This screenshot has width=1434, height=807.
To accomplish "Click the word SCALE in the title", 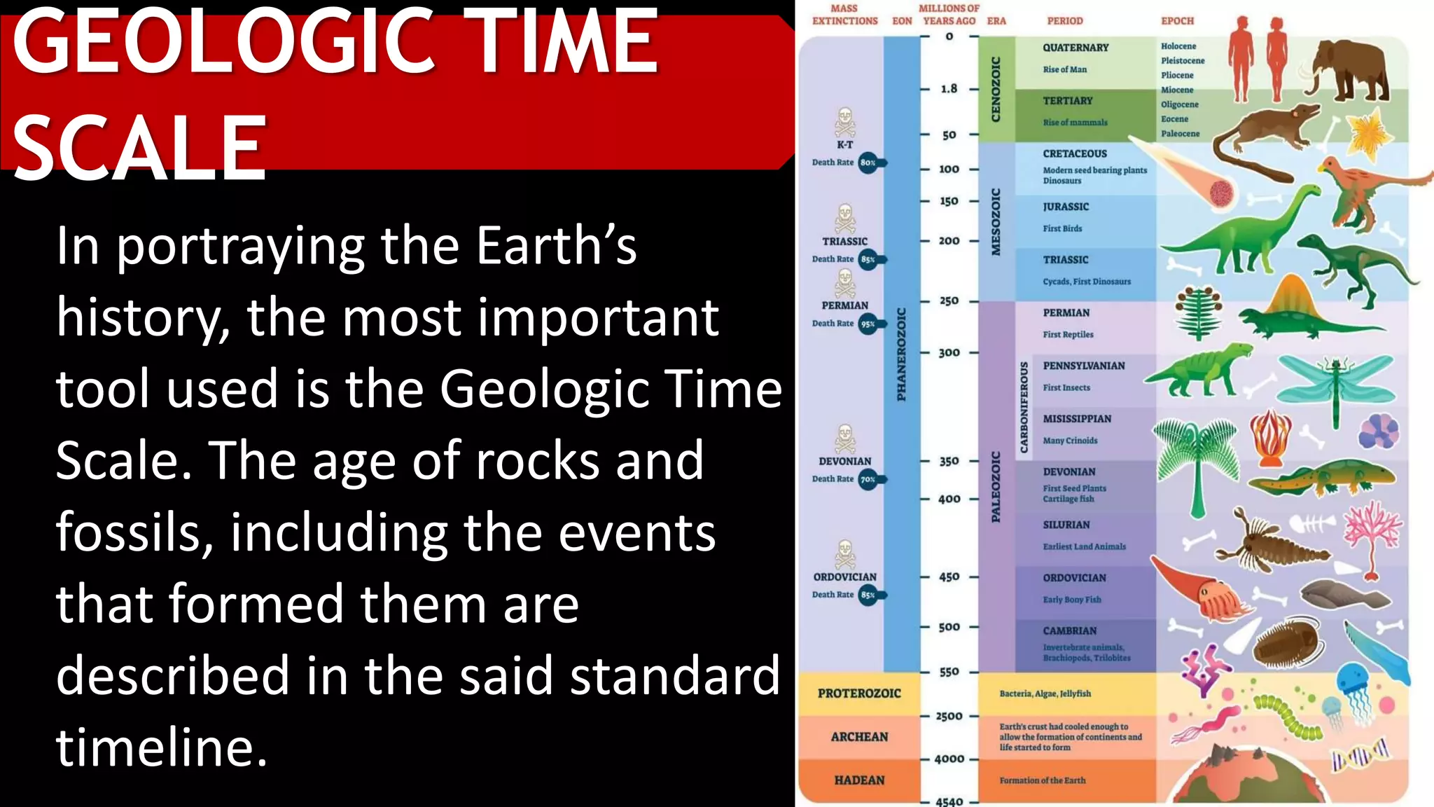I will click(140, 147).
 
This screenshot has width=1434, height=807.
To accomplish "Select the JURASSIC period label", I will click(1066, 207).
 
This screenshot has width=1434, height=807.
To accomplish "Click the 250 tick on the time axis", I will click(949, 301).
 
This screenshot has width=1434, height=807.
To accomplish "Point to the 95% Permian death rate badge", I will click(868, 324).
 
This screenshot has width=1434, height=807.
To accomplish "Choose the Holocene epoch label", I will click(1178, 46).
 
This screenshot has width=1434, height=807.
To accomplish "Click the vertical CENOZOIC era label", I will click(996, 89).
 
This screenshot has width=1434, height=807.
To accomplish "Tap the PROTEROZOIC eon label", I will click(859, 693).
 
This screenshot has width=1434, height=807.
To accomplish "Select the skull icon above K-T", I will click(845, 122).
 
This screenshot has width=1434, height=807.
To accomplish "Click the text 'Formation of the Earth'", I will click(1042, 780).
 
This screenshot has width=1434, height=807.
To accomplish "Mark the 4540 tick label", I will click(949, 801).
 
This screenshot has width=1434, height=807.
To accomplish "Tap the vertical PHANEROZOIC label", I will click(901, 354).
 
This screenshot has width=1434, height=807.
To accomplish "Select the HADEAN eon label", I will click(859, 780).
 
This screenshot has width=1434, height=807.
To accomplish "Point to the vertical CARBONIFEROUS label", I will click(1024, 407).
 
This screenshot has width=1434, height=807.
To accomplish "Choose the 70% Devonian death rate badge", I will click(868, 480).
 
